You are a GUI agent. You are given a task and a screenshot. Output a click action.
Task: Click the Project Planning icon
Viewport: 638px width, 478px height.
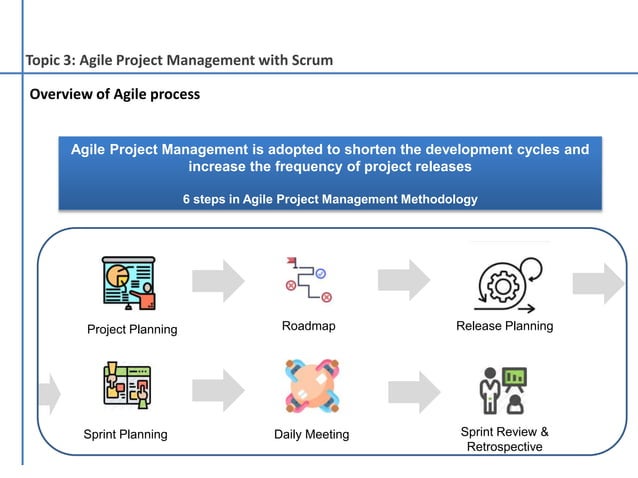click(x=129, y=284)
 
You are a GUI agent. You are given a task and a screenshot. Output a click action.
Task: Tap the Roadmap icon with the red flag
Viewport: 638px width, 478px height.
click(x=306, y=280)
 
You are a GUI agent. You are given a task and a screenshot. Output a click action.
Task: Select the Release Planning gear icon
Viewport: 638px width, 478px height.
click(x=505, y=284)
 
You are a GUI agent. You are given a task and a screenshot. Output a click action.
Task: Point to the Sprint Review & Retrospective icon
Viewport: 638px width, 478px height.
click(x=502, y=389)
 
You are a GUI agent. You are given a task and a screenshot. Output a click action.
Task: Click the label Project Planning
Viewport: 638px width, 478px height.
click(x=132, y=329)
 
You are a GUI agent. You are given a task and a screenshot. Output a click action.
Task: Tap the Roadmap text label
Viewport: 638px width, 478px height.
click(x=308, y=326)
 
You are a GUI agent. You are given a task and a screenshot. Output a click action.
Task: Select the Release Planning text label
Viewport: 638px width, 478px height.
click(x=504, y=326)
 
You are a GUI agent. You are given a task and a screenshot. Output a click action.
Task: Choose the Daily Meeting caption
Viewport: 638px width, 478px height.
click(x=311, y=434)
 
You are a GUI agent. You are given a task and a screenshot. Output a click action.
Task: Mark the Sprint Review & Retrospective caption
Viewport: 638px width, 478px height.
click(x=504, y=439)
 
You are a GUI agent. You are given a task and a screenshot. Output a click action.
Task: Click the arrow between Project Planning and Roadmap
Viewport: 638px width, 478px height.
click(x=218, y=280)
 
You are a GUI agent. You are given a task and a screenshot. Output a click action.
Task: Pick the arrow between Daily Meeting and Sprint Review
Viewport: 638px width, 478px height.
click(x=414, y=391)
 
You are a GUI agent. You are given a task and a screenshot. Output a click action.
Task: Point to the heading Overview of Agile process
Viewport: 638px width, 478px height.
click(x=114, y=94)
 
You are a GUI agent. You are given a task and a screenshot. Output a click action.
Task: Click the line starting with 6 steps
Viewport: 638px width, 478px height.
click(x=329, y=199)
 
